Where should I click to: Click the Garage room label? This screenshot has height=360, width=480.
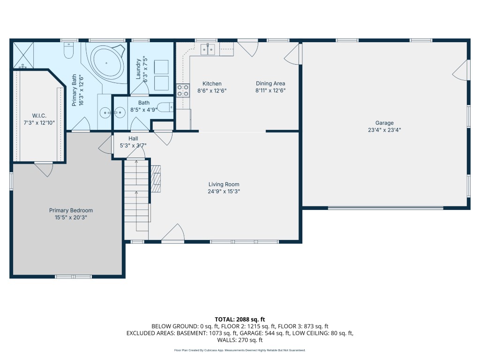tap(384, 123)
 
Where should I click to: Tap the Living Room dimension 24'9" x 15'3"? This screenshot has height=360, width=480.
tap(224, 191)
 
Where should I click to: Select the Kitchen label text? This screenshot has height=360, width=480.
tap(212, 83)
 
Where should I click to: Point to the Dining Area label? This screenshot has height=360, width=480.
tap(270, 83)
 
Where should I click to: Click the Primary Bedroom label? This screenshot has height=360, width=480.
tap(71, 210)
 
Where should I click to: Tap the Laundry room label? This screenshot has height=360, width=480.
tap(138, 69)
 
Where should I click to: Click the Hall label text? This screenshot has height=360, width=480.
tap(133, 138)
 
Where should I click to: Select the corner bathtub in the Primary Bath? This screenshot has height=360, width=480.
tap(107, 62)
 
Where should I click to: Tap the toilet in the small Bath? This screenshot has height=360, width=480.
tap(165, 107)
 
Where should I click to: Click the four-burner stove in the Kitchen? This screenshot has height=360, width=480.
tap(183, 90)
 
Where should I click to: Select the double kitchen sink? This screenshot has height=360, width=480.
tap(208, 49)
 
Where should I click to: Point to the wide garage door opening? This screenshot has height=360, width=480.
tap(385, 207)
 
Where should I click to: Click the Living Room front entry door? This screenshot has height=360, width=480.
tap(172, 234)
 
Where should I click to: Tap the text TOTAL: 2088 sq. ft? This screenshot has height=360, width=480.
tap(240, 319)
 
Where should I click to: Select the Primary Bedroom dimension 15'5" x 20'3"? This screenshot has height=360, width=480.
tap(71, 217)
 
